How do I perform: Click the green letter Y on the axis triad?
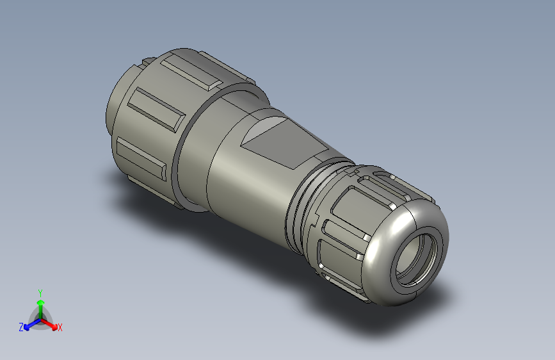coord(40,291)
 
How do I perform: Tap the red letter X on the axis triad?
coord(60,327)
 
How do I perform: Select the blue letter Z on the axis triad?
coord(21,327)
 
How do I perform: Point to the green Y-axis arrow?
coord(40,305)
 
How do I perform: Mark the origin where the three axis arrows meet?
coord(40,318)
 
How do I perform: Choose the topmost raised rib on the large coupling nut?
coord(191,74)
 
